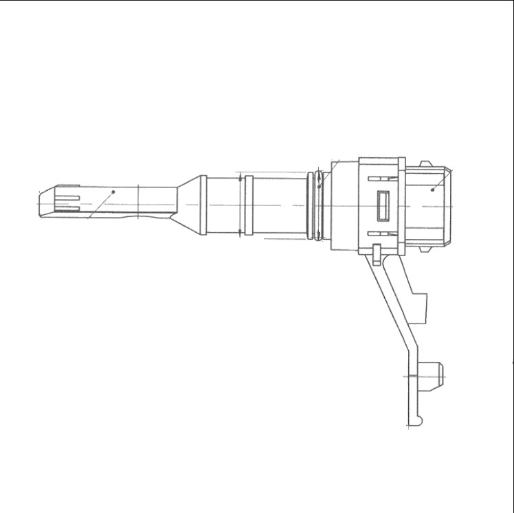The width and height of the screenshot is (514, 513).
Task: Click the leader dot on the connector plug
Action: click(432, 188)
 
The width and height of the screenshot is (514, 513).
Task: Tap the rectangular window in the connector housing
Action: click(383, 205)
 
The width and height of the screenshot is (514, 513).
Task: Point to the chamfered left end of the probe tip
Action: click(41, 204)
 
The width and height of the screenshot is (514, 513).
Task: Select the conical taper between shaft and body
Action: click(188, 205)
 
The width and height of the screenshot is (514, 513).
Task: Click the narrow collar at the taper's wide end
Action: click(203, 205)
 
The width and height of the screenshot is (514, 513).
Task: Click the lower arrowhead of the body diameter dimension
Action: click(239, 233)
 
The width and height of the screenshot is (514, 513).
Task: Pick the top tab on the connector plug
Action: click(425, 164)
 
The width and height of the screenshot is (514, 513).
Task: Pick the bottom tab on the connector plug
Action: click(425, 246)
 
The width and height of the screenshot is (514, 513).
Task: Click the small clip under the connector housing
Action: click(377, 255)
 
